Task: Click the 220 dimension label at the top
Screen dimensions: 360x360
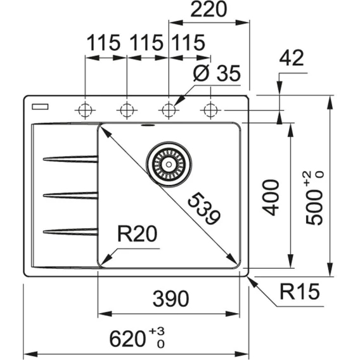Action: click(209, 10)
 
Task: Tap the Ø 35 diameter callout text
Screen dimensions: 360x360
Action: click(217, 74)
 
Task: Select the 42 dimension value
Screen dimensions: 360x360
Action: click(292, 58)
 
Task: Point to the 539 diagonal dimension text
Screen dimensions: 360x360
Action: click(204, 209)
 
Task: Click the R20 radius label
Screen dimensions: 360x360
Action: click(138, 234)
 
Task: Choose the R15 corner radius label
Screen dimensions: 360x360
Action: click(299, 292)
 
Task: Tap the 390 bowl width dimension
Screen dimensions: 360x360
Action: click(171, 299)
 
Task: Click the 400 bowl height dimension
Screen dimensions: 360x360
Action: click(271, 198)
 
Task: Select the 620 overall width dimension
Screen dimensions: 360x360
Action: click(127, 338)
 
